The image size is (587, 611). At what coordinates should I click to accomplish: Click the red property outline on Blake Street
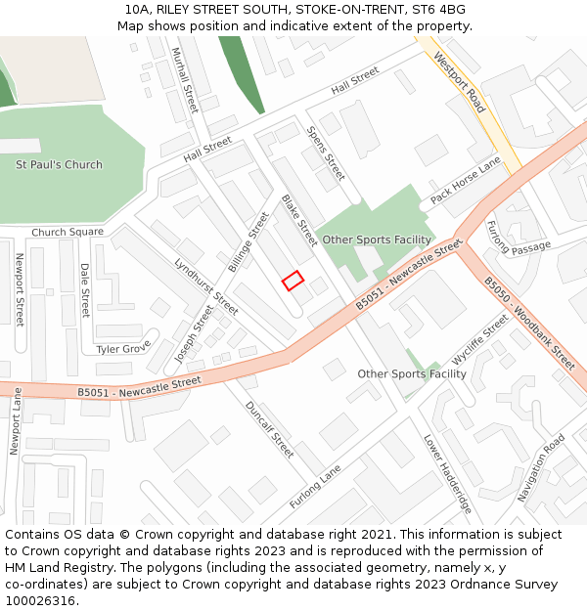tap(293, 281)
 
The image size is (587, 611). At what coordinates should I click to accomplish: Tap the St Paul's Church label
tap(59, 164)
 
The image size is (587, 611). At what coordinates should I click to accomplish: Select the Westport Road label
tap(459, 82)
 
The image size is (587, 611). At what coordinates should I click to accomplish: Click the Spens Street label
tap(326, 153)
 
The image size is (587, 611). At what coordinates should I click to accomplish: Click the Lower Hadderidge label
tap(448, 475)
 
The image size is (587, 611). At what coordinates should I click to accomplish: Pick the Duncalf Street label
tap(269, 430)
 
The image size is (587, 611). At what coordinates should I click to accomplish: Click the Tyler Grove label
tap(122, 348)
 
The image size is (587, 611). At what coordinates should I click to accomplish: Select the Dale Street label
tap(85, 290)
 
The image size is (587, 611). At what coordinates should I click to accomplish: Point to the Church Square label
tap(68, 233)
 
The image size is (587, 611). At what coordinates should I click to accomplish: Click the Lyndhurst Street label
tap(206, 286)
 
